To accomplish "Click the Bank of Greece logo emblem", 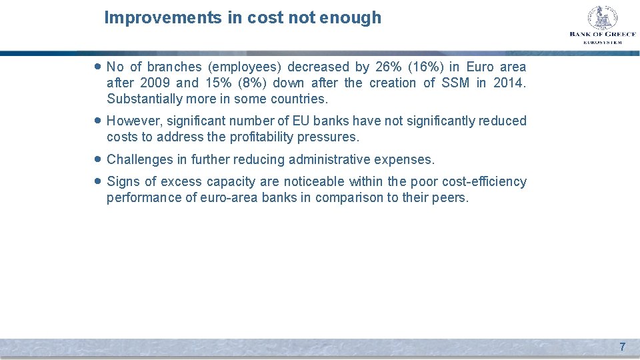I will pyautogui.click(x=602, y=18).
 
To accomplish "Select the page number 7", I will pyautogui.click(x=623, y=347).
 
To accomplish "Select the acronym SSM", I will pyautogui.click(x=455, y=83).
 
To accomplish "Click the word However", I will pyautogui.click(x=132, y=121).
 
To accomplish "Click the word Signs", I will pyautogui.click(x=123, y=182).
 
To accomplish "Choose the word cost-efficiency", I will pyautogui.click(x=484, y=182).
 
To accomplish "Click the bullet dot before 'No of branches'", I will pyautogui.click(x=98, y=67).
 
